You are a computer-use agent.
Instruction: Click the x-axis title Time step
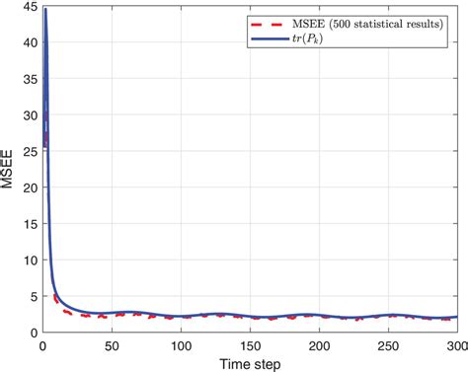[249, 363]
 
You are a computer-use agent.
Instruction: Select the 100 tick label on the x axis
[180, 345]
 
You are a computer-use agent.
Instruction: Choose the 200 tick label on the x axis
[318, 345]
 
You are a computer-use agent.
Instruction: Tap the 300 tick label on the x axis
[453, 345]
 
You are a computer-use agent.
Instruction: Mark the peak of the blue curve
[44, 10]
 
